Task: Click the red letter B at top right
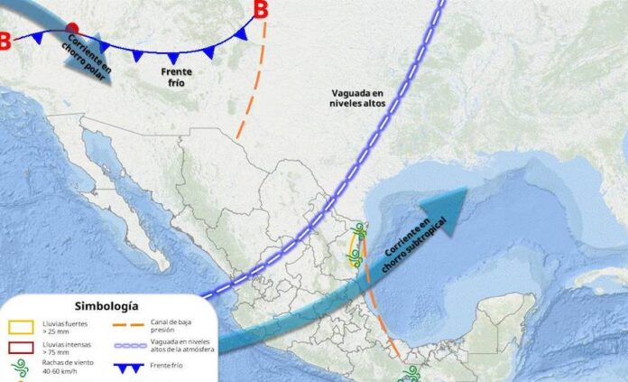(261, 10)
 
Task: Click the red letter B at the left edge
(5, 41)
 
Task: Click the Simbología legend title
(107, 307)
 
